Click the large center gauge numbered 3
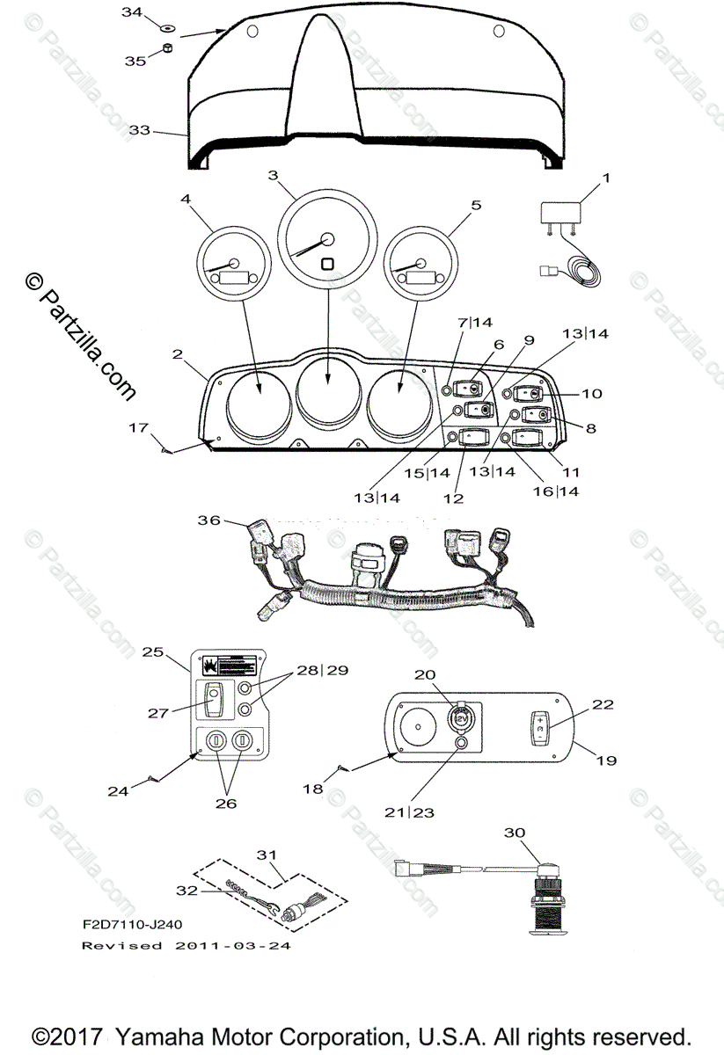327,239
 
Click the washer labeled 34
167,28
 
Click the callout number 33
139,130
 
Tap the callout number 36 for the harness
208,520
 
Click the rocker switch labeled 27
213,702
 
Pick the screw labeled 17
166,450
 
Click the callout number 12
453,498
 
